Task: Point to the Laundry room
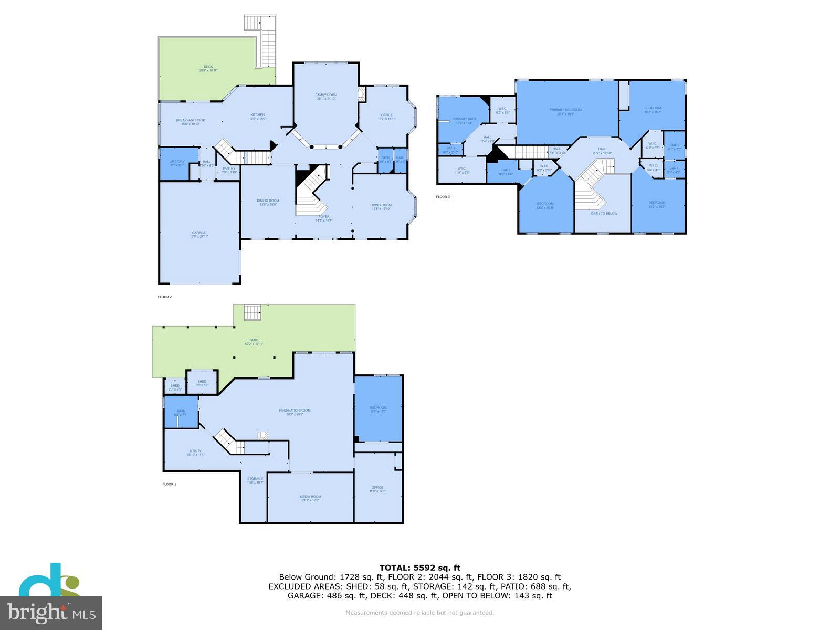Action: pos(177,163)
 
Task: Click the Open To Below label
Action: pos(604,214)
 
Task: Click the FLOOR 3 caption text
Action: pos(443,197)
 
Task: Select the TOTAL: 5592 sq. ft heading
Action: pos(419,568)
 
